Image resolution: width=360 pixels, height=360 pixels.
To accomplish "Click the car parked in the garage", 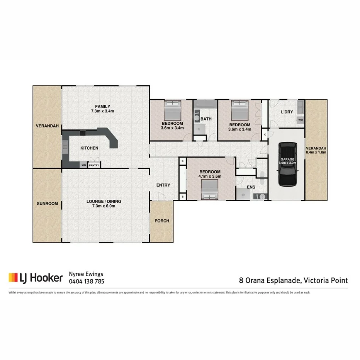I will [x=288, y=165].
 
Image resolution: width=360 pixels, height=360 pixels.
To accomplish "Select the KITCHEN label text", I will [x=89, y=148].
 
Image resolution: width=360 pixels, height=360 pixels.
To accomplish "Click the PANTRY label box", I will [x=94, y=165].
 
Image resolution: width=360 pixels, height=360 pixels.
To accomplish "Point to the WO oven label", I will [x=83, y=165].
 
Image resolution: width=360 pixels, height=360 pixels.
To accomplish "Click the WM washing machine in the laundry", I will [x=300, y=121].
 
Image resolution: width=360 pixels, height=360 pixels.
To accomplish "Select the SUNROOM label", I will [x=47, y=204].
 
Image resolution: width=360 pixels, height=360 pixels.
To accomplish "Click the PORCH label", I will [x=161, y=221].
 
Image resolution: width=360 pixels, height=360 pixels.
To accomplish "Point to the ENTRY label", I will [x=163, y=185].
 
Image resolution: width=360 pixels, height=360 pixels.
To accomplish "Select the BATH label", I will [x=206, y=119].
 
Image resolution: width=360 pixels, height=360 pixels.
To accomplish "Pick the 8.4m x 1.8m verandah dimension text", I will [x=316, y=152].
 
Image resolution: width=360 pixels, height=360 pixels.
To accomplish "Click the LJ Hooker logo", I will [x=36, y=277].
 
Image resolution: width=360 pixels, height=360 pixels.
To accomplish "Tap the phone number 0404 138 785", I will [x=87, y=282].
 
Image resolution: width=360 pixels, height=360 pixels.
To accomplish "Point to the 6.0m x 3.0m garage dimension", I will [x=288, y=163].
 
